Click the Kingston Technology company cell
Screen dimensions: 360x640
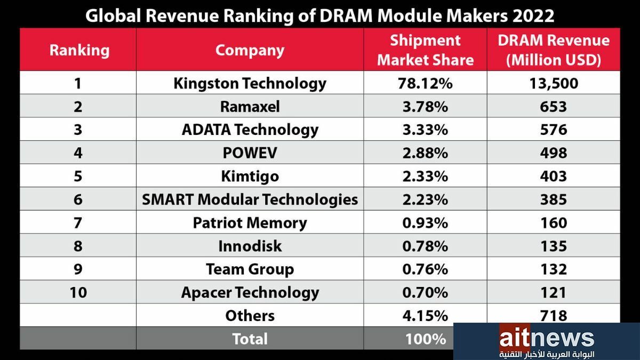pos(250,83)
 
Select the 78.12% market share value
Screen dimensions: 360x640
pos(425,83)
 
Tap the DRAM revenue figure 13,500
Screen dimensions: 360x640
pos(553,83)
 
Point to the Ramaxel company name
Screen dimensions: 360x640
pos(250,107)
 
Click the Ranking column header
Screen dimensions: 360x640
pos(79,50)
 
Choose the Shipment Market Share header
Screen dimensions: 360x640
pos(425,50)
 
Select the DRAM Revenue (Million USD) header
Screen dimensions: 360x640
pos(553,50)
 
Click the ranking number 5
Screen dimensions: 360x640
pos(78,176)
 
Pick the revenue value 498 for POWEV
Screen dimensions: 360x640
pos(553,153)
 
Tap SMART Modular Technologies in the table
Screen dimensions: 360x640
pos(250,199)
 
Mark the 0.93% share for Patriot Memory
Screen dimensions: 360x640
pos(425,222)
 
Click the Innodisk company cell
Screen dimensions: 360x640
pos(250,246)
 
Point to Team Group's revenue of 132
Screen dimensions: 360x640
pos(553,269)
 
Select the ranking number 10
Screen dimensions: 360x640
pos(78,292)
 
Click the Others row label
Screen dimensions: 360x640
pos(250,316)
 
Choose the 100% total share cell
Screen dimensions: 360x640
pos(425,339)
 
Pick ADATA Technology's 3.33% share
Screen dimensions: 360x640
pos(425,130)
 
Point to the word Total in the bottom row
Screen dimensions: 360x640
pos(250,339)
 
